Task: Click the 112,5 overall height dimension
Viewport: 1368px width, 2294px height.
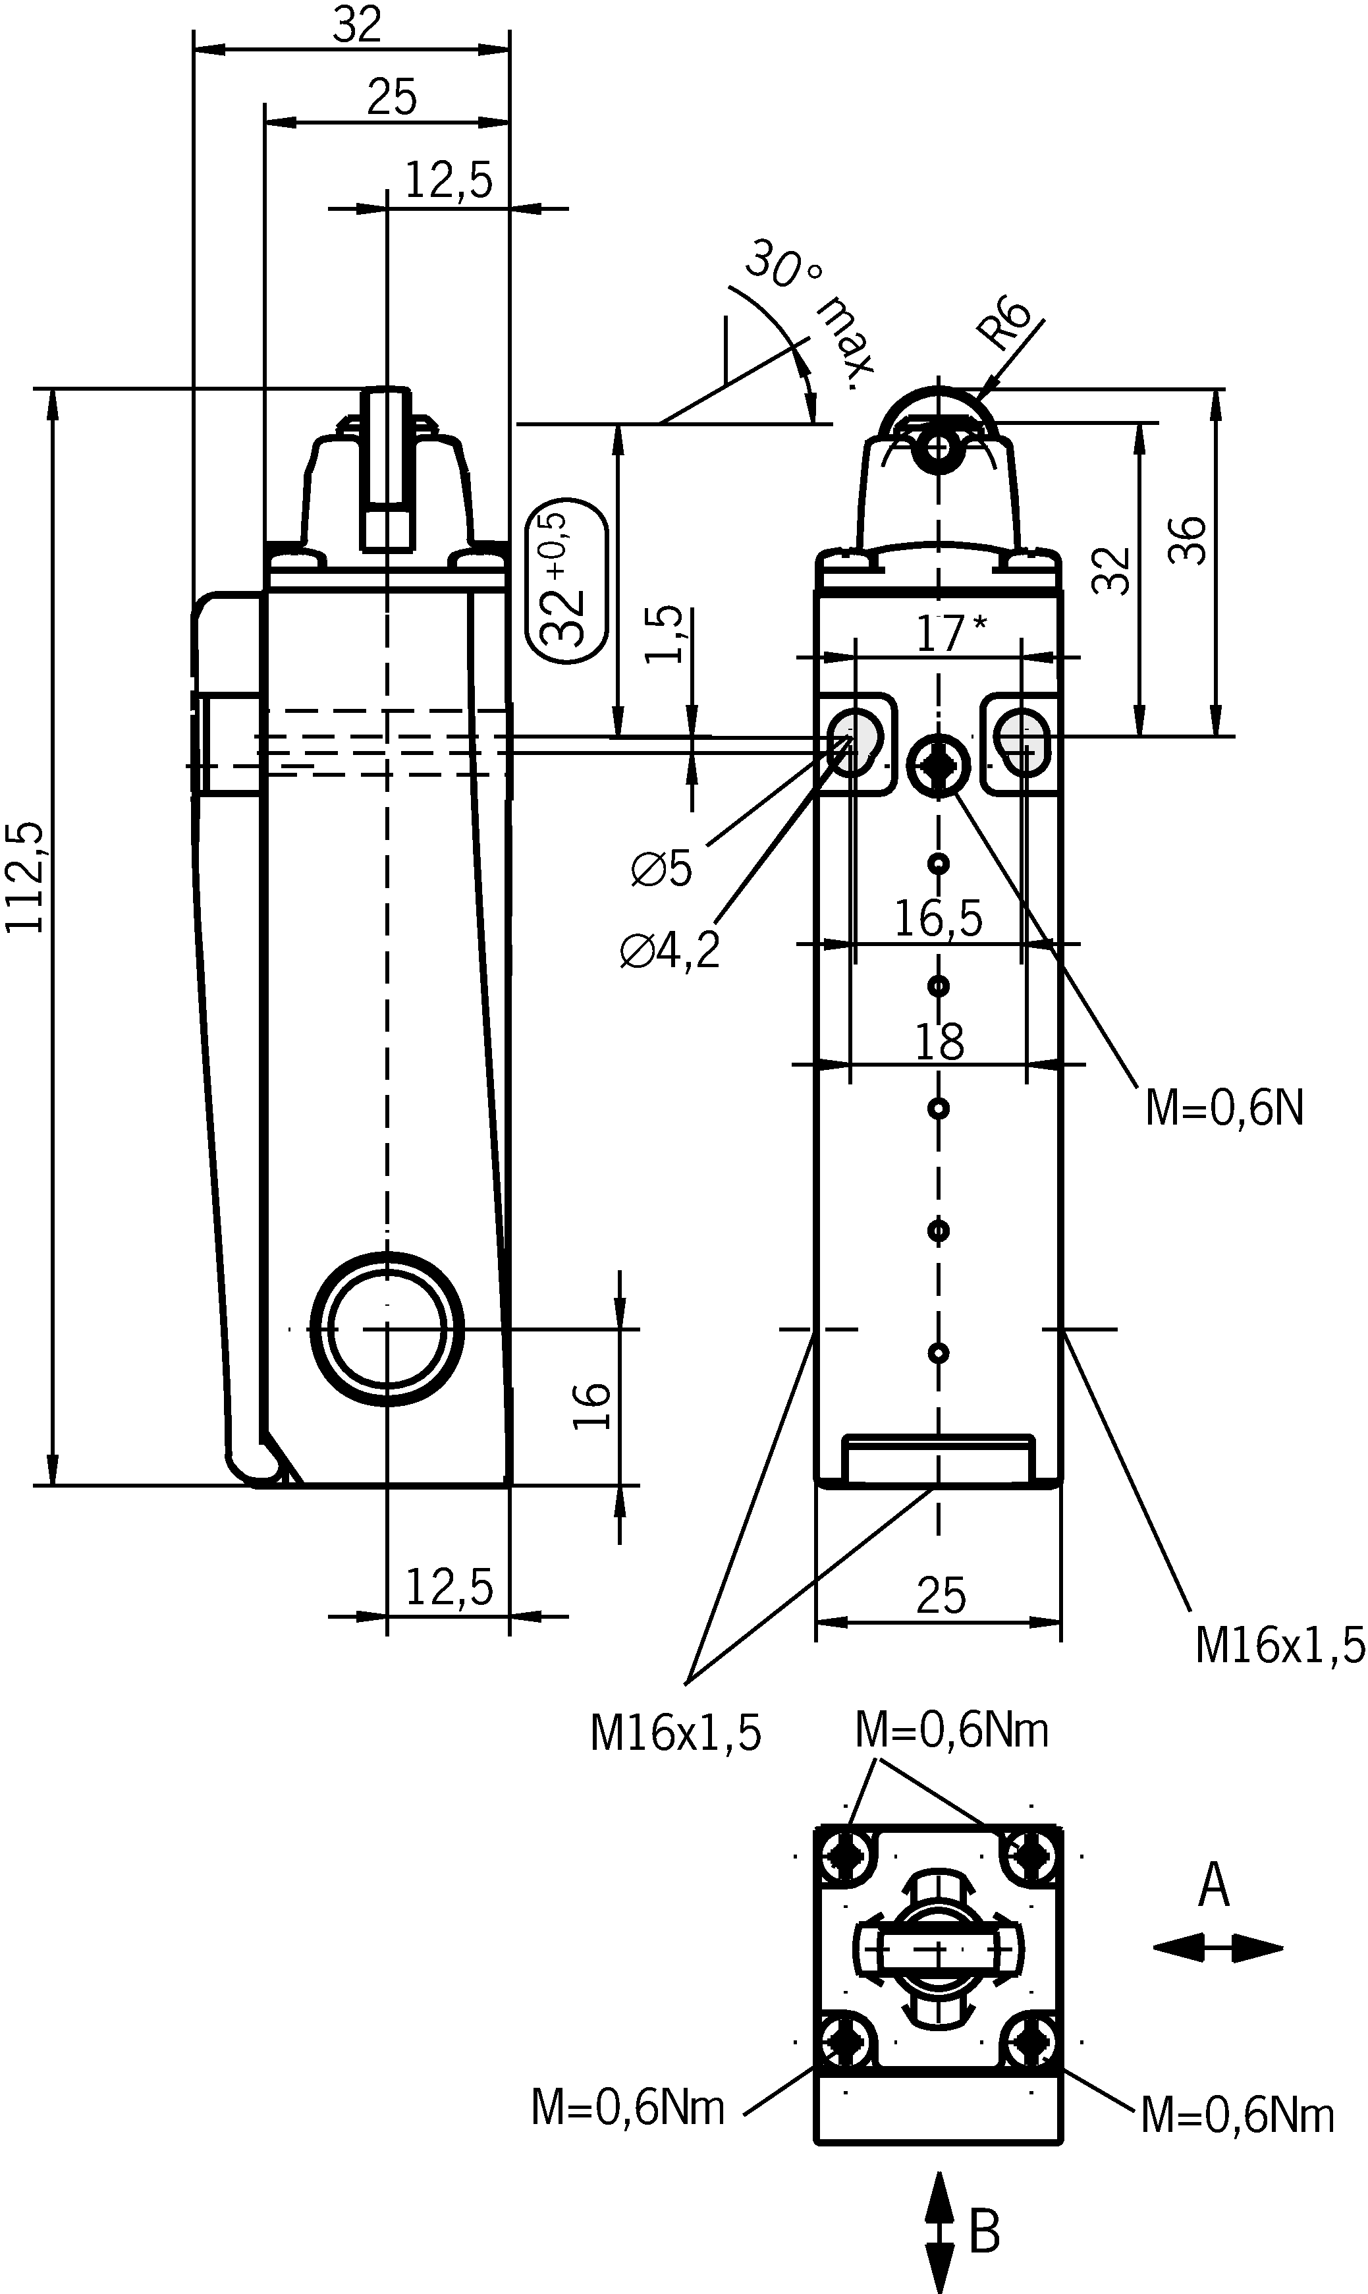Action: (25, 876)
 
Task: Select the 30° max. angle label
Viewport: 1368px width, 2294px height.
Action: (807, 310)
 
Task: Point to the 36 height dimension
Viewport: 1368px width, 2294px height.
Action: (1188, 540)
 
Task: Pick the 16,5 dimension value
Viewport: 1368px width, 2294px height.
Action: (939, 919)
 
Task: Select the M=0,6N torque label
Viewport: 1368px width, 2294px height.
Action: (1224, 1107)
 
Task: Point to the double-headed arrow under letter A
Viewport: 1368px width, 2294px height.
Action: (1217, 1947)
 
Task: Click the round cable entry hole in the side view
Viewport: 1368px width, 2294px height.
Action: (387, 1329)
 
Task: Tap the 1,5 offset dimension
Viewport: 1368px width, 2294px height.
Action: (665, 634)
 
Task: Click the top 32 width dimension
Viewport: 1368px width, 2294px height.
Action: (357, 26)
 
